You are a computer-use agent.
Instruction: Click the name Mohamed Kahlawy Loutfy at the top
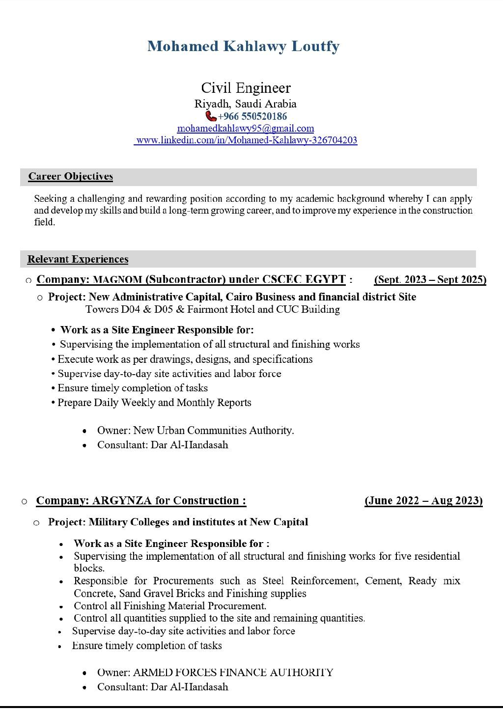pos(243,46)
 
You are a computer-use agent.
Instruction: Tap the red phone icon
pos(211,116)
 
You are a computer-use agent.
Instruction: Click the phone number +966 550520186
pos(252,116)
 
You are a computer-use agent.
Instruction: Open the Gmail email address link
pos(245,128)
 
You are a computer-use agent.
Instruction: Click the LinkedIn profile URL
pos(246,140)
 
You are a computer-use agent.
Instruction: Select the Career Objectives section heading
pos(70,176)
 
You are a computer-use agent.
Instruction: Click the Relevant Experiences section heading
pos(78,259)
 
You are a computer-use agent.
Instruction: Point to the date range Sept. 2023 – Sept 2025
pos(430,279)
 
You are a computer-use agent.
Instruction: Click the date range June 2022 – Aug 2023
pos(423,500)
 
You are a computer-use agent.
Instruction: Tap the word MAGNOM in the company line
pos(117,280)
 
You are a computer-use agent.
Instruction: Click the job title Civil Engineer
pos(246,88)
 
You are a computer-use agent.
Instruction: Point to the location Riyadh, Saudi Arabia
pos(245,104)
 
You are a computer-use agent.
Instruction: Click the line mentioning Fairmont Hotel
pos(212,309)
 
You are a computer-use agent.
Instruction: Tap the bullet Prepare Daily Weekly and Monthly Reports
pos(154,403)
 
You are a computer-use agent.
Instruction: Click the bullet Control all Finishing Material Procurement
pos(170,606)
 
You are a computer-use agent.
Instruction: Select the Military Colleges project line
pos(178,522)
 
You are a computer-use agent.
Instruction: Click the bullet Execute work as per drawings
pos(185,359)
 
